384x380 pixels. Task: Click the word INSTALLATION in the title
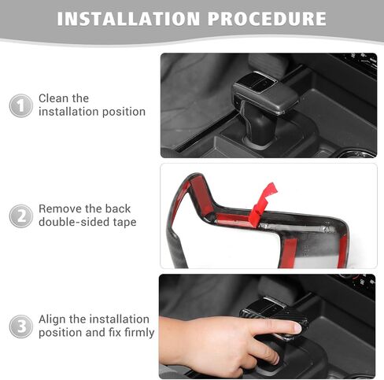pyautogui.click(x=128, y=19)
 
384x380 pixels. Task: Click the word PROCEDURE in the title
pyautogui.click(x=268, y=19)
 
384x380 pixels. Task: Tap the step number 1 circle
pyautogui.click(x=21, y=105)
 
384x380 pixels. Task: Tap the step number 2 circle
pyautogui.click(x=21, y=216)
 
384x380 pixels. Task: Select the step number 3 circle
pyautogui.click(x=21, y=327)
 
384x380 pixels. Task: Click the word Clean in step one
pyautogui.click(x=54, y=98)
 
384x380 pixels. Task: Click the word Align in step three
pyautogui.click(x=52, y=319)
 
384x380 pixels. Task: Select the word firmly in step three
pyautogui.click(x=139, y=333)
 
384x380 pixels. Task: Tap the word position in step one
pyautogui.click(x=124, y=112)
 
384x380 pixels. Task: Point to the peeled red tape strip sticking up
pyautogui.click(x=262, y=204)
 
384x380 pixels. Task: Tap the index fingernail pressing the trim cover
pyautogui.click(x=297, y=328)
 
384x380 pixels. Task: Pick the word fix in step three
pyautogui.click(x=115, y=332)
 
